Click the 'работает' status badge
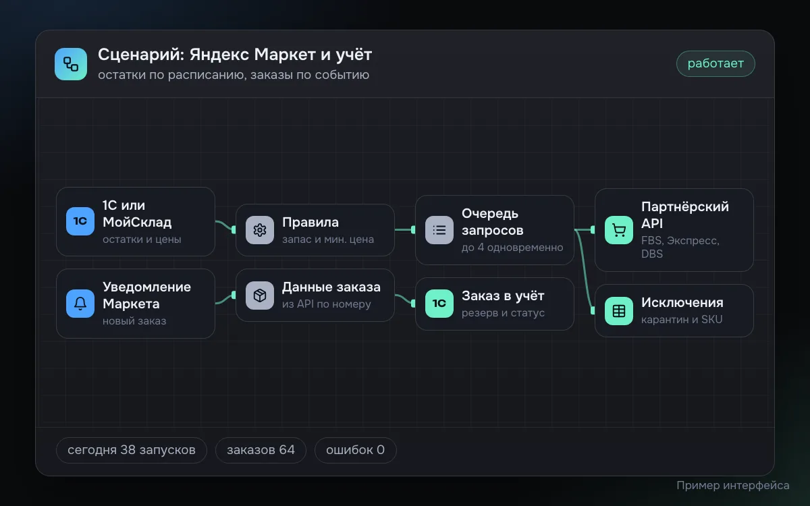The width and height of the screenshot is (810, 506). pyautogui.click(x=715, y=63)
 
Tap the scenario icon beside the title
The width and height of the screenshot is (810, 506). pyautogui.click(x=71, y=64)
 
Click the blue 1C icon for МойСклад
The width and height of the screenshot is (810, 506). pyautogui.click(x=80, y=221)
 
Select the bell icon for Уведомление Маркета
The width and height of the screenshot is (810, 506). pyautogui.click(x=80, y=303)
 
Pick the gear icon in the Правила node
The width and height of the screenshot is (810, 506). pyautogui.click(x=260, y=230)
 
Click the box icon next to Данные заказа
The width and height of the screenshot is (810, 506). pyautogui.click(x=260, y=296)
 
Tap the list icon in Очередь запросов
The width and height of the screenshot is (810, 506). pyautogui.click(x=439, y=230)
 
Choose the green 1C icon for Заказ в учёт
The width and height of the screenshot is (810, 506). pyautogui.click(x=439, y=303)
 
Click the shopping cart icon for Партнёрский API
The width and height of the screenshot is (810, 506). pyautogui.click(x=619, y=230)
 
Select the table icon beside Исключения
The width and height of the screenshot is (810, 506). pyautogui.click(x=619, y=311)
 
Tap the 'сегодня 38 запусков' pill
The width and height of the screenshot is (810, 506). pyautogui.click(x=132, y=450)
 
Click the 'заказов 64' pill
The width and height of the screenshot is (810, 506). pyautogui.click(x=261, y=450)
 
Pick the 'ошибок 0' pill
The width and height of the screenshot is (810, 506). pyautogui.click(x=356, y=450)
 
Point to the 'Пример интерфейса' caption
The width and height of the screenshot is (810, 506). pyautogui.click(x=733, y=485)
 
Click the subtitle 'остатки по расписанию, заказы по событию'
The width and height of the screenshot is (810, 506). pyautogui.click(x=234, y=75)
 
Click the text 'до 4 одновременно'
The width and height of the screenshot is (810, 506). pyautogui.click(x=512, y=248)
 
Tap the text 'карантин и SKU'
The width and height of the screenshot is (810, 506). pyautogui.click(x=682, y=320)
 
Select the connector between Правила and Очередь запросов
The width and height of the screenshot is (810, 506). pyautogui.click(x=405, y=229)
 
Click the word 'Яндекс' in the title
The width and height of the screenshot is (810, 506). pyautogui.click(x=219, y=55)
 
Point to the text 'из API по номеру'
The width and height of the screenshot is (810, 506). pyautogui.click(x=327, y=304)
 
